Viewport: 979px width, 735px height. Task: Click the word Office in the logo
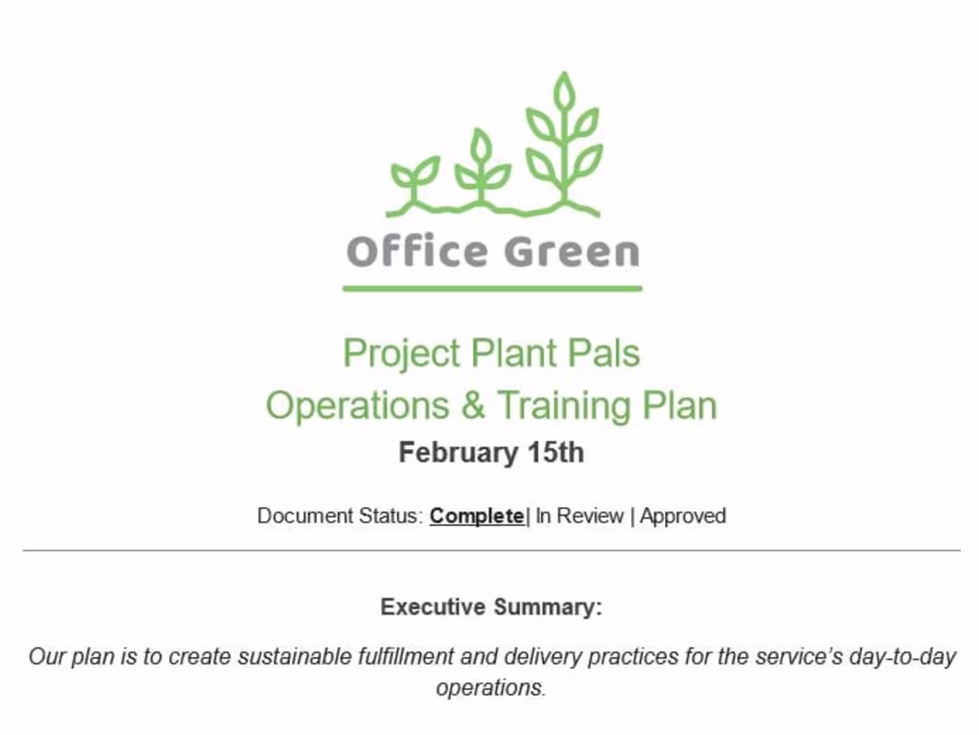click(x=417, y=251)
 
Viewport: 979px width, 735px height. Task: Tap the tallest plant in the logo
click(x=564, y=143)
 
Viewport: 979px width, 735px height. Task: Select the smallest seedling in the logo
click(x=415, y=181)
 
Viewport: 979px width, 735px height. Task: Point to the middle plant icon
click(x=482, y=167)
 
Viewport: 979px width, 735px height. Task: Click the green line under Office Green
click(x=492, y=289)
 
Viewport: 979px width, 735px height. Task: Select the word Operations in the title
click(x=358, y=406)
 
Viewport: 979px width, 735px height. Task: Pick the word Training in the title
click(x=564, y=406)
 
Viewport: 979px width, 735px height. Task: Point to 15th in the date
click(x=556, y=453)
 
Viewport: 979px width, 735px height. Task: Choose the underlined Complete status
click(x=477, y=516)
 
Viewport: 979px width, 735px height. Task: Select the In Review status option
click(x=580, y=516)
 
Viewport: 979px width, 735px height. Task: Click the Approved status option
click(x=683, y=517)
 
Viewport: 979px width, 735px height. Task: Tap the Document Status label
click(x=340, y=516)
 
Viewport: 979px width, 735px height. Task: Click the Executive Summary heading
click(x=491, y=607)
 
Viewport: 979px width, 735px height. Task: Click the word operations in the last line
click(x=491, y=688)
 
